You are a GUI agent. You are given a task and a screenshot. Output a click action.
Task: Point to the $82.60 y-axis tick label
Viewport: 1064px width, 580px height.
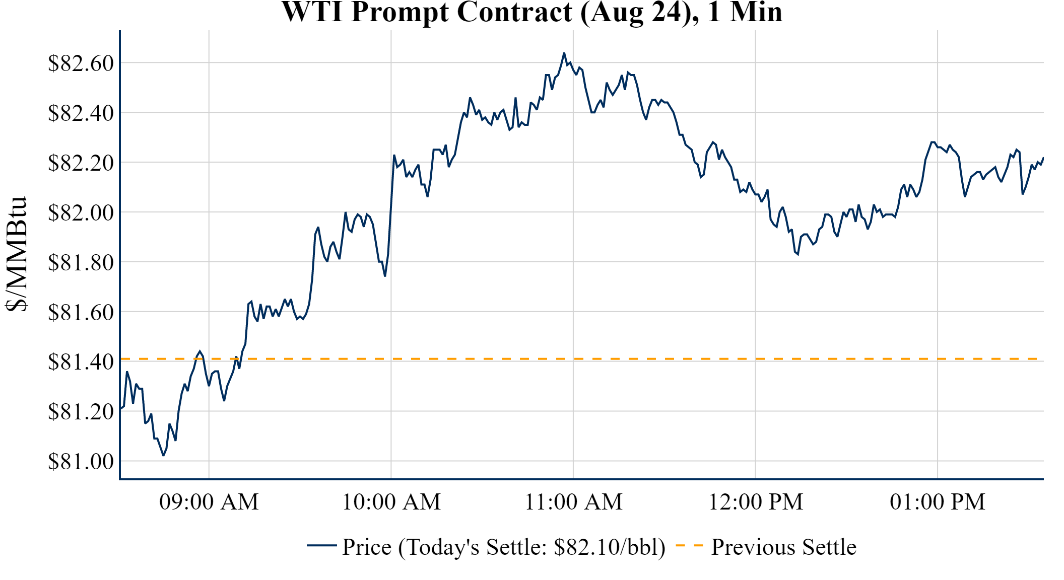click(x=81, y=63)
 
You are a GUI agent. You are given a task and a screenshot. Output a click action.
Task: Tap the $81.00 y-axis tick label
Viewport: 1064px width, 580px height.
click(x=81, y=461)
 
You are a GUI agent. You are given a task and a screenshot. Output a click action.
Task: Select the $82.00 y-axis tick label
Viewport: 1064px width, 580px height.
click(x=81, y=212)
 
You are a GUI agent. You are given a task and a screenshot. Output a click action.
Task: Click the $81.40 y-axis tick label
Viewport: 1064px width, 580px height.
click(x=81, y=361)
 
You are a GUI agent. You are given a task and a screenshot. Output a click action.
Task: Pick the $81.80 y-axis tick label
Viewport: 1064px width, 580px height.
click(x=81, y=262)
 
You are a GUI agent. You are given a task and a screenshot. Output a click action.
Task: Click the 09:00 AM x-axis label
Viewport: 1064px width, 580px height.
click(x=209, y=502)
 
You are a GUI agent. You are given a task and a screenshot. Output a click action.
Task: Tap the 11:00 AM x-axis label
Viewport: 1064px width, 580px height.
click(x=573, y=502)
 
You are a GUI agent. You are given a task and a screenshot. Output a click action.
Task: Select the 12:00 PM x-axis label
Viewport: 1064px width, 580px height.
click(x=755, y=502)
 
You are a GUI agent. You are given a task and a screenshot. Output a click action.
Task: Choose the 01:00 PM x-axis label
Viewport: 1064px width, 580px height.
click(x=937, y=502)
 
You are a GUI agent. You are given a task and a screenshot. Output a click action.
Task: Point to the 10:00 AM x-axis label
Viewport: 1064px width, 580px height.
click(x=391, y=502)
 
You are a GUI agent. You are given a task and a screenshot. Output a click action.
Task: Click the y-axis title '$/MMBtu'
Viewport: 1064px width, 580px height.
click(x=16, y=254)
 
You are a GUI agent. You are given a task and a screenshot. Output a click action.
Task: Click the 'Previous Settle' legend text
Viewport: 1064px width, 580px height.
click(x=783, y=547)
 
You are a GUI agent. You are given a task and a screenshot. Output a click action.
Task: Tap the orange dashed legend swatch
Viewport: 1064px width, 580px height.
click(x=689, y=546)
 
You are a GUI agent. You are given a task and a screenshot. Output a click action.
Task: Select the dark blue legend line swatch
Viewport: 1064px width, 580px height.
click(x=321, y=546)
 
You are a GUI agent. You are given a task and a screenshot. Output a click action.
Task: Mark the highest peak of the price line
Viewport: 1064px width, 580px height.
click(x=564, y=53)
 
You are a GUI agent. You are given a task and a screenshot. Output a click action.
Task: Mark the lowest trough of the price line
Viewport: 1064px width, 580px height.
click(x=163, y=455)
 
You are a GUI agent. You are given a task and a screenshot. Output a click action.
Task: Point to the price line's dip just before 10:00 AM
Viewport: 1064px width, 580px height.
click(x=385, y=276)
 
